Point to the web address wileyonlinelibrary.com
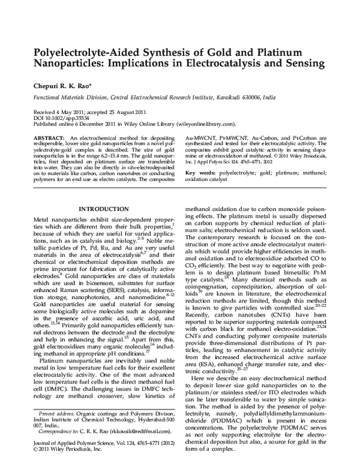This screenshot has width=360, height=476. (196, 124)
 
